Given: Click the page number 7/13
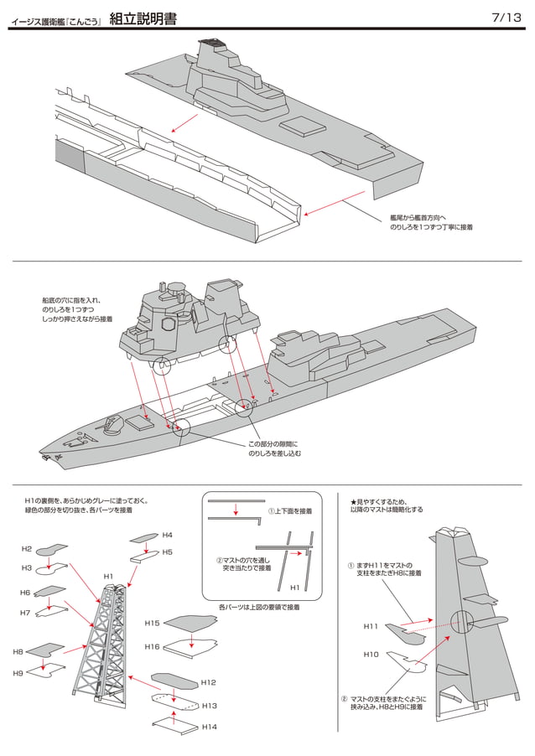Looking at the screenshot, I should (507, 18).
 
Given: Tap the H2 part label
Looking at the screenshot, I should (27, 549).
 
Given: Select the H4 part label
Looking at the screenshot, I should (167, 535).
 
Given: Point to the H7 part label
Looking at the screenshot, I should (25, 613).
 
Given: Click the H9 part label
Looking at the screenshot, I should (18, 672).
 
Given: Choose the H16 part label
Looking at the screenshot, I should (152, 646).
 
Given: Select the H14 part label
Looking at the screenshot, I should (209, 728).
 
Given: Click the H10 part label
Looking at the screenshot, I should (371, 654).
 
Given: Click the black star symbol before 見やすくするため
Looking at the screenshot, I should (354, 500).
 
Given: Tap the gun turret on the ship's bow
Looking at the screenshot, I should (113, 425).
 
